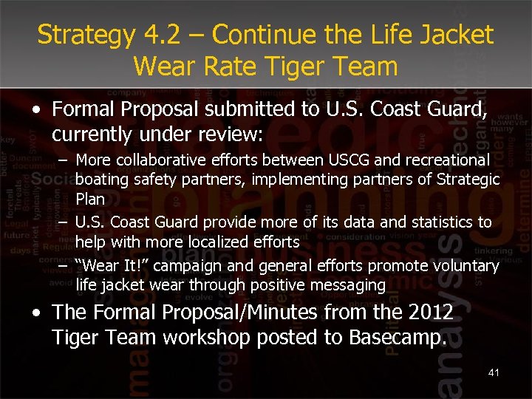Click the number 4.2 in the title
154,34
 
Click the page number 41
494,372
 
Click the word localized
199,242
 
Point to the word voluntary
461,265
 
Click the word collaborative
153,160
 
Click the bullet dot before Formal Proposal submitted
37,110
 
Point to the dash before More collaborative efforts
64,160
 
